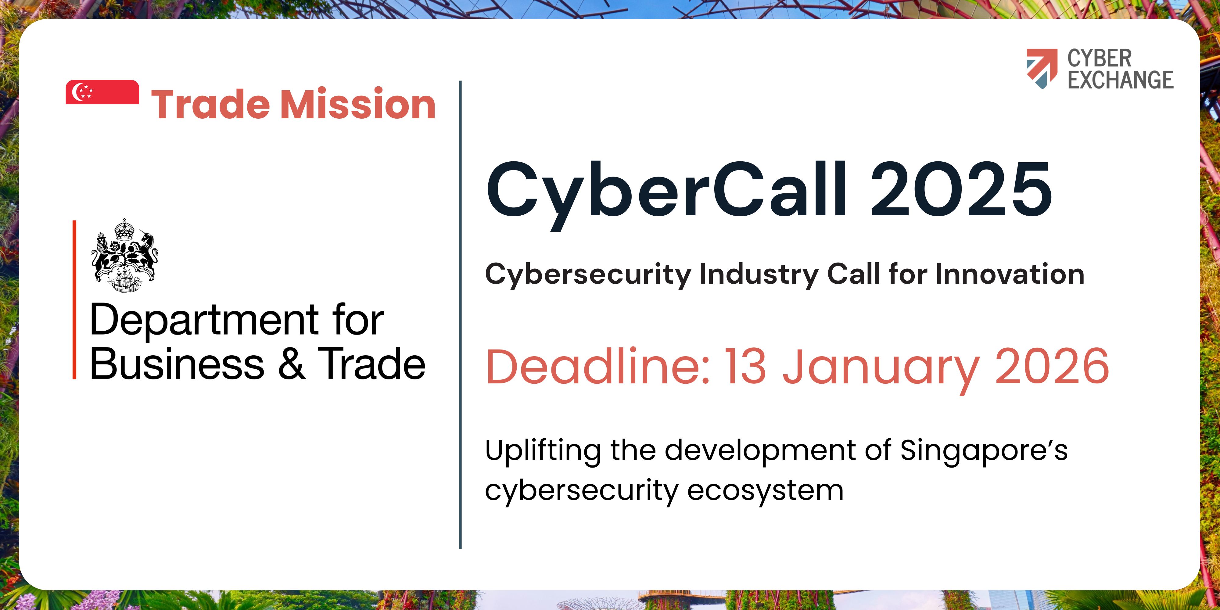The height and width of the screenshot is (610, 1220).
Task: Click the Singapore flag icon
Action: tap(102, 92)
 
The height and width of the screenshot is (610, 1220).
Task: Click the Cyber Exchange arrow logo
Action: tap(1042, 69)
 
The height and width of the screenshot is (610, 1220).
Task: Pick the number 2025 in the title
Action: tap(961, 189)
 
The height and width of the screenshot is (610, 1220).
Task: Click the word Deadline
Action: tap(598, 366)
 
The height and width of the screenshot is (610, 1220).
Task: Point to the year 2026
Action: tap(1052, 366)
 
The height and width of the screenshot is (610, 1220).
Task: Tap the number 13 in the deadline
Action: tap(745, 366)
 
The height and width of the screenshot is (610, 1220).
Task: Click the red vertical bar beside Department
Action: tap(74, 300)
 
